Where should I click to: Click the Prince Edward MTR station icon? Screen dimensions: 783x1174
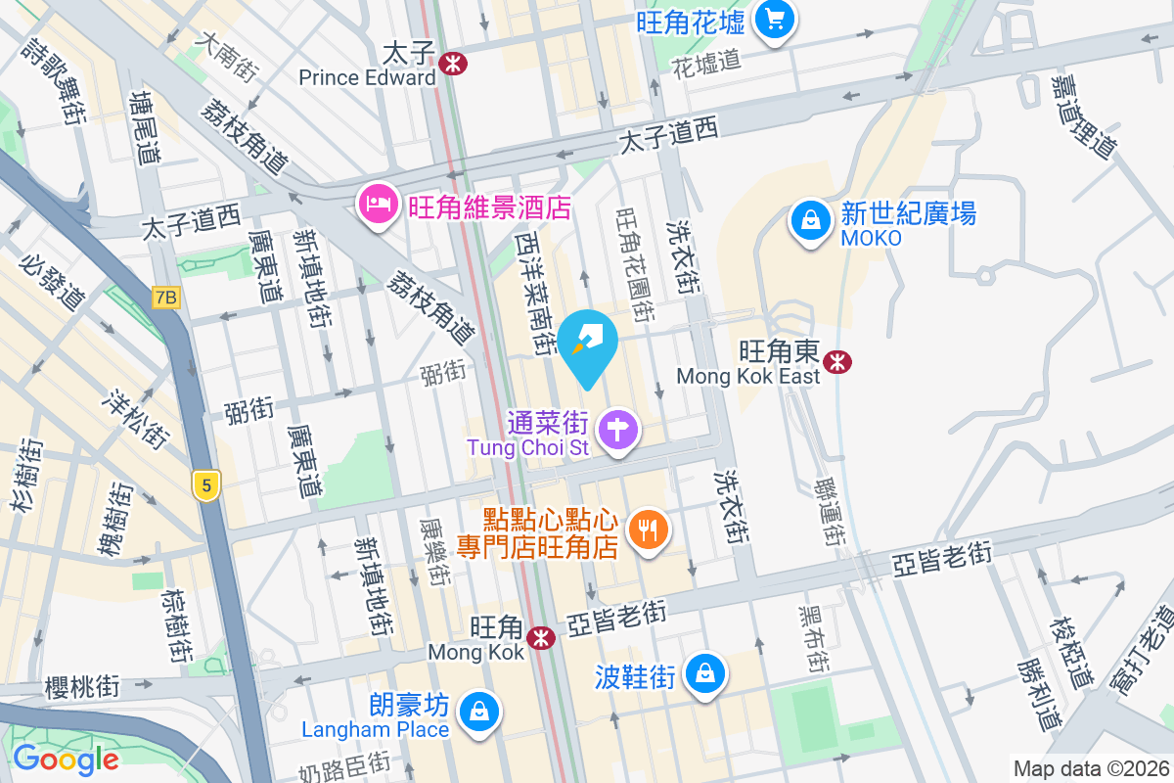point(453,65)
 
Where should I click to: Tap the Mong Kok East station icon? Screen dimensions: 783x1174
point(836,362)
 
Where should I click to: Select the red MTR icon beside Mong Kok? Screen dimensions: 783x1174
point(540,637)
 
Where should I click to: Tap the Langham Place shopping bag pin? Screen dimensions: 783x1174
point(479,712)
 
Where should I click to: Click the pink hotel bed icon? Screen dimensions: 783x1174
point(378,205)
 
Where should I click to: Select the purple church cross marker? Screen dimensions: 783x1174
point(618,431)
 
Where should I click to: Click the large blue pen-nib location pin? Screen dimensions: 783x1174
point(589,345)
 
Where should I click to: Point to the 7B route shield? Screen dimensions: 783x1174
point(167,298)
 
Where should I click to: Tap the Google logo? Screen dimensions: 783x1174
point(66,759)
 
